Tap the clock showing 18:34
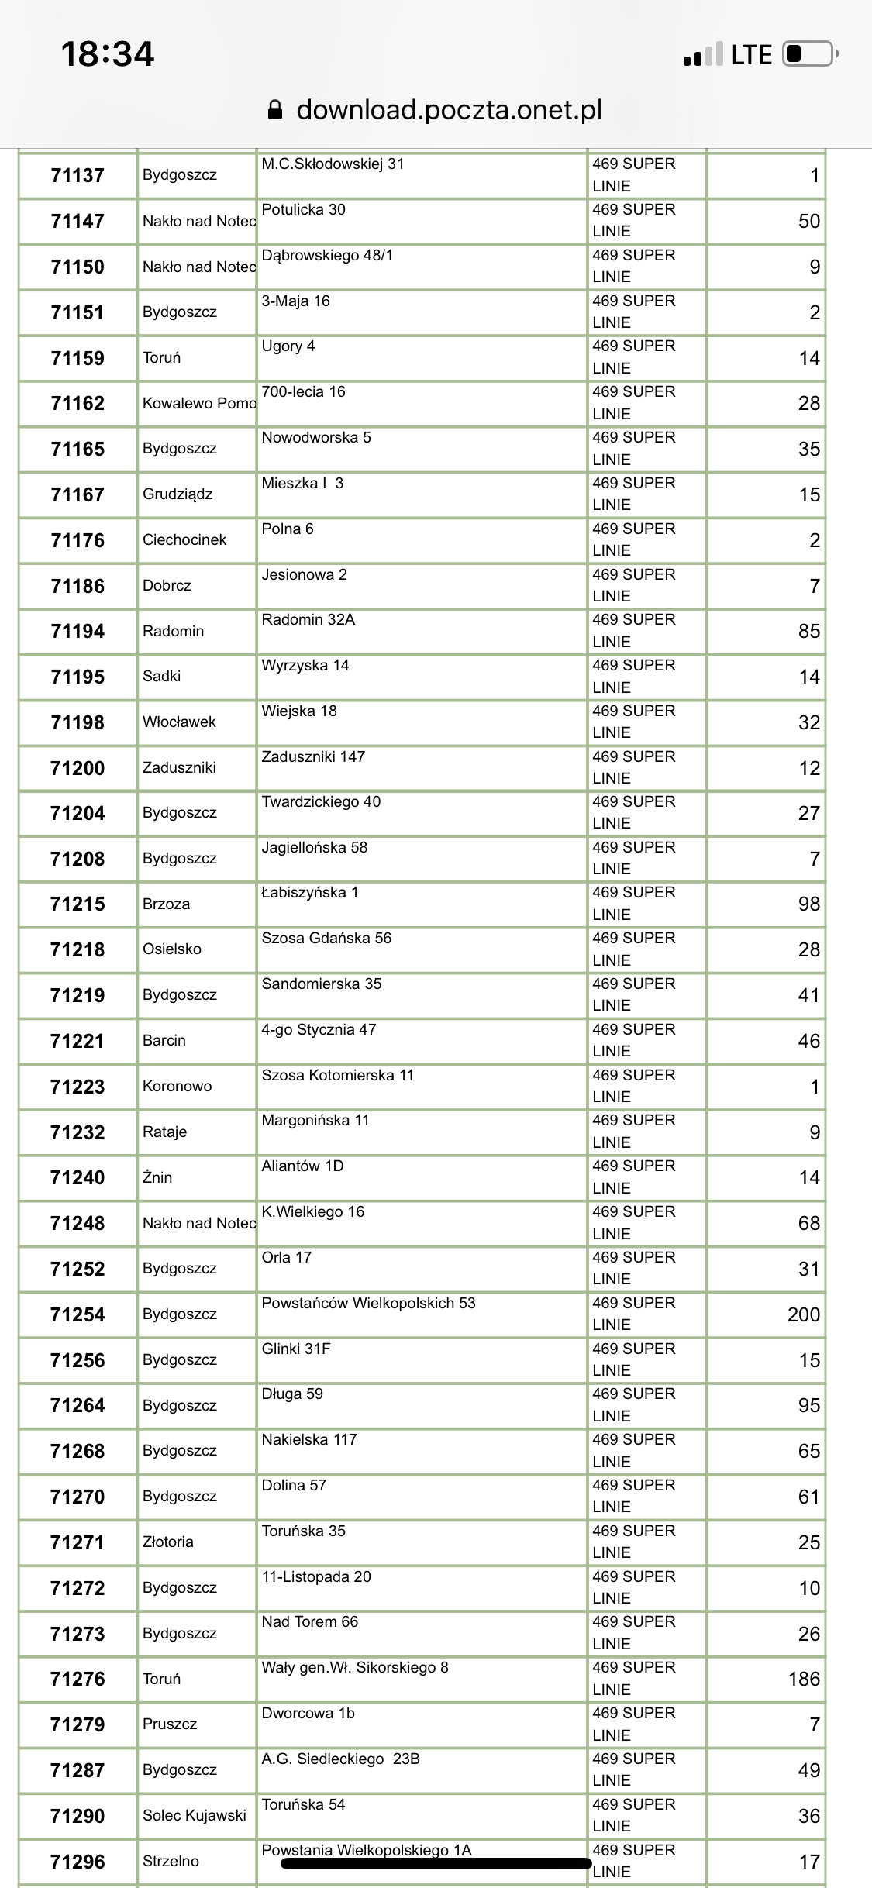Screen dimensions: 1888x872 [x=108, y=54]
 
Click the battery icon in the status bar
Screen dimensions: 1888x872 [x=810, y=54]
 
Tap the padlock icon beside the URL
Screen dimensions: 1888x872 [x=275, y=110]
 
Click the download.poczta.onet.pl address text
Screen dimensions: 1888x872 [x=450, y=110]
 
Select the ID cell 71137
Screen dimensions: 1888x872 [x=78, y=175]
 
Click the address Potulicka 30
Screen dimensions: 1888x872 [x=303, y=209]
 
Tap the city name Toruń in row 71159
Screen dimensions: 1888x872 [x=161, y=357]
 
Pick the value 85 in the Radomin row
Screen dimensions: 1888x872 [x=808, y=631]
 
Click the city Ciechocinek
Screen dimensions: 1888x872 [x=184, y=539]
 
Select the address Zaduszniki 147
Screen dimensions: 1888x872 [x=313, y=756]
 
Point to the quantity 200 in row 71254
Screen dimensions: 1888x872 [x=803, y=1314]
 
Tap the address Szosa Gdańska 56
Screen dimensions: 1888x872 [x=326, y=938]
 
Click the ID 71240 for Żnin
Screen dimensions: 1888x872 [x=78, y=1177]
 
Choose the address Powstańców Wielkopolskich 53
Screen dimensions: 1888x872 [x=368, y=1303]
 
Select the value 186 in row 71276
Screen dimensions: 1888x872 [x=804, y=1679]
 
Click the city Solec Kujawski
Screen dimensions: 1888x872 [x=194, y=1815]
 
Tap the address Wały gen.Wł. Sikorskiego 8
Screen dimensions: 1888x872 [x=355, y=1667]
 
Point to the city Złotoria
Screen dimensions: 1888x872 [x=168, y=1542]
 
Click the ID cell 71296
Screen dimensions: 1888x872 [x=78, y=1861]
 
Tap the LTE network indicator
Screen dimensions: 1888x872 [x=751, y=54]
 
